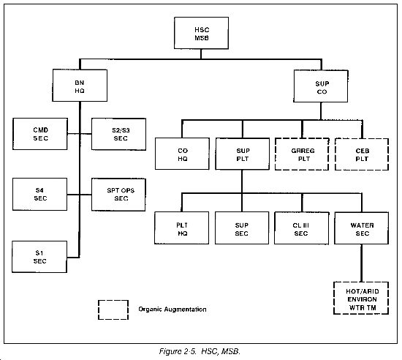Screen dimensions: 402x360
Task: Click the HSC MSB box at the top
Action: [x=201, y=33]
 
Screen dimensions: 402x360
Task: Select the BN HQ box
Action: [x=80, y=85]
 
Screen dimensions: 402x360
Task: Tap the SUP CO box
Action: [x=321, y=86]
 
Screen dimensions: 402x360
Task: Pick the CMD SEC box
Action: [x=40, y=134]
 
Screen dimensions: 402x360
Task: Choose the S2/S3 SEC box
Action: [x=118, y=134]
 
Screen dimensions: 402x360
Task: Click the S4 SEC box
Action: [x=39, y=194]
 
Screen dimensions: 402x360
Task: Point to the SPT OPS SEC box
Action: [x=118, y=195]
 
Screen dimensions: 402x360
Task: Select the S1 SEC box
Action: [x=39, y=257]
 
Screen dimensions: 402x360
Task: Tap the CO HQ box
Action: [x=182, y=154]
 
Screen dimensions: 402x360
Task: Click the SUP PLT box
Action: [x=242, y=154]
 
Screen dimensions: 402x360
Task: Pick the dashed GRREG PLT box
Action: [x=302, y=154]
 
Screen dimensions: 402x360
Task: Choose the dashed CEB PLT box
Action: [x=362, y=154]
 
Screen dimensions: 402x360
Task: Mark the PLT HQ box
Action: [x=181, y=228]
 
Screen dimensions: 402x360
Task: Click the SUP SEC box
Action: [x=242, y=228]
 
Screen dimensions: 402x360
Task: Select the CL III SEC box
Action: [x=301, y=228]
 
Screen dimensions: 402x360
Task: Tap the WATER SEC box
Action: [x=362, y=228]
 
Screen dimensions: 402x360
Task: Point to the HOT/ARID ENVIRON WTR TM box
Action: [x=361, y=298]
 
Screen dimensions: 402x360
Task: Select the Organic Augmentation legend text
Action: [x=172, y=310]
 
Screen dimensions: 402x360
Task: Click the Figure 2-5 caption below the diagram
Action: [x=200, y=351]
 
